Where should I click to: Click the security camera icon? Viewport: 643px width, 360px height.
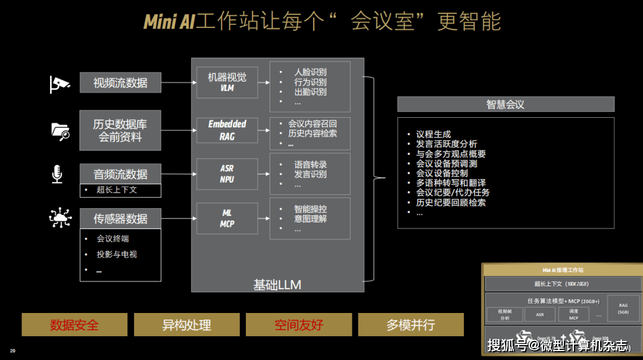pyautogui.click(x=60, y=84)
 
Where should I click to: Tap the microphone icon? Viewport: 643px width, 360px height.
pyautogui.click(x=58, y=174)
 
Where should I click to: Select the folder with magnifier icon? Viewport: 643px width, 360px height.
pyautogui.click(x=60, y=130)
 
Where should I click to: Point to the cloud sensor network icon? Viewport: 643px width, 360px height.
pyautogui.click(x=60, y=219)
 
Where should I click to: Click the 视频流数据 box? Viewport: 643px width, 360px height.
pyautogui.click(x=120, y=83)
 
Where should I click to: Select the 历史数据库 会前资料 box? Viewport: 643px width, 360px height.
pyautogui.click(x=120, y=130)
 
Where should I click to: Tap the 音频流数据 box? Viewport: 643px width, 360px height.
pyautogui.click(x=120, y=174)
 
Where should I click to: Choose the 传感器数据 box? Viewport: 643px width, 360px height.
pyautogui.click(x=120, y=219)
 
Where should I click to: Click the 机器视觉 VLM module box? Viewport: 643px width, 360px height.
pyautogui.click(x=227, y=82)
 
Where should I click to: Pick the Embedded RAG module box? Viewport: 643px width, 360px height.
pyautogui.click(x=227, y=130)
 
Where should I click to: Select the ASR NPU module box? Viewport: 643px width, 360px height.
pyautogui.click(x=227, y=174)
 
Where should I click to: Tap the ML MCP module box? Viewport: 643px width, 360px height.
pyautogui.click(x=227, y=218)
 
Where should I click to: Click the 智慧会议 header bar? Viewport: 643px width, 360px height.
pyautogui.click(x=505, y=104)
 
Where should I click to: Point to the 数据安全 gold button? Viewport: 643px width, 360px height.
pyautogui.click(x=74, y=325)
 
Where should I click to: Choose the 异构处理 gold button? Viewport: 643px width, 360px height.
pyautogui.click(x=186, y=325)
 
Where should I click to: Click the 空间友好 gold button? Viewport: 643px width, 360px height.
pyautogui.click(x=298, y=325)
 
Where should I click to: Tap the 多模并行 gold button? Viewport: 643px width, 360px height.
pyautogui.click(x=410, y=325)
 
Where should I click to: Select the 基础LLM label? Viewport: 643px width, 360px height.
pyautogui.click(x=277, y=285)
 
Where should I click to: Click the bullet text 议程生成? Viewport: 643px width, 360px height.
pyautogui.click(x=433, y=134)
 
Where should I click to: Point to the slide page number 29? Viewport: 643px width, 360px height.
pyautogui.click(x=13, y=350)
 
